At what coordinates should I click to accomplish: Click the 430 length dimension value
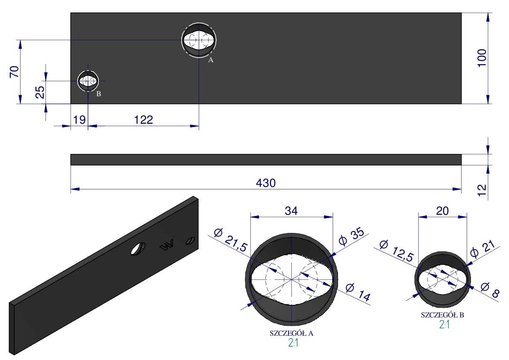click(x=266, y=183)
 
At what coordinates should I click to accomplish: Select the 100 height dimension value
click(x=482, y=58)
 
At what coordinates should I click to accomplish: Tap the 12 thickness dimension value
click(x=483, y=189)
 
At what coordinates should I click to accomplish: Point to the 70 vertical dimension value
click(x=15, y=71)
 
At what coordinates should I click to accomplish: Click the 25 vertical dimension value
click(x=40, y=92)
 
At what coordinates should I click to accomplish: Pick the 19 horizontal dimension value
click(x=79, y=120)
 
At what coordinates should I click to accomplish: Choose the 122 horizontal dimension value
click(x=144, y=120)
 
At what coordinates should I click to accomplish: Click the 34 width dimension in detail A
click(x=291, y=211)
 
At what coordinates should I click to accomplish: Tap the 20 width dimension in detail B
click(x=442, y=211)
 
